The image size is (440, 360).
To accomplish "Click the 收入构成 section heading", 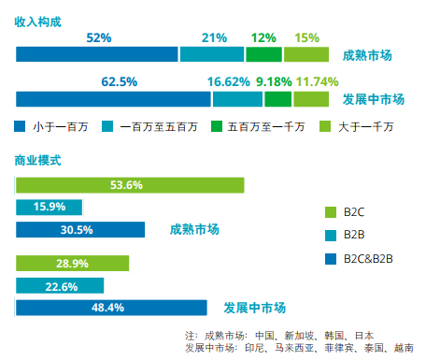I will [38, 21].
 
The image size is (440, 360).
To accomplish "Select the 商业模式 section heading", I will [38, 160].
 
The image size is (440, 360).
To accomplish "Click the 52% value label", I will [99, 38].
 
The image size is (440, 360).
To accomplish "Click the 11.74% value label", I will [317, 82].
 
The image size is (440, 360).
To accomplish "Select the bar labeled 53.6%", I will [130, 185].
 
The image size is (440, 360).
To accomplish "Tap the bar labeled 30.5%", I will [80, 229].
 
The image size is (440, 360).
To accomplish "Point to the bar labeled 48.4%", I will [111, 308].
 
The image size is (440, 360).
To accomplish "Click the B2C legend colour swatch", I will [328, 212].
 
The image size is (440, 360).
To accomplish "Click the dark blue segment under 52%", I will [97, 55].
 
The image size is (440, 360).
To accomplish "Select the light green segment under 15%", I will [305, 55].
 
